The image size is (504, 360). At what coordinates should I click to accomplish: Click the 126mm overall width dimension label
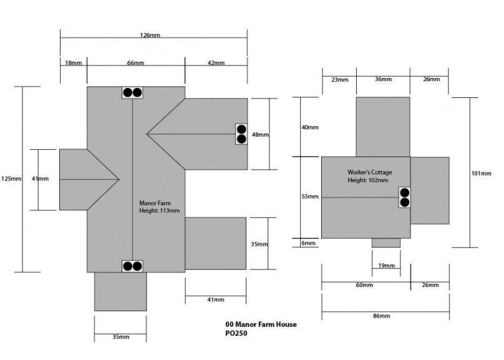(150, 36)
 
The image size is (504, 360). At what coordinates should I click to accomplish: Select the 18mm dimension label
(73, 64)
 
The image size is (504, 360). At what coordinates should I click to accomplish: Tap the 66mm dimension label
(135, 64)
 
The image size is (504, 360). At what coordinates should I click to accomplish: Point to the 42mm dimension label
(216, 64)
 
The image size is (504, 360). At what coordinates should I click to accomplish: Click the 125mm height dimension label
(12, 179)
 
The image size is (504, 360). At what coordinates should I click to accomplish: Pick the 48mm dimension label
(260, 135)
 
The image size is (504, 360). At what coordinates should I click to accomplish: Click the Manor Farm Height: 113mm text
(159, 207)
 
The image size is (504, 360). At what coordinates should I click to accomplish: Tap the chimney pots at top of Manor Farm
(132, 93)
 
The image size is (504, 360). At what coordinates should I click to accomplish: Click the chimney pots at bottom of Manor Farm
(132, 266)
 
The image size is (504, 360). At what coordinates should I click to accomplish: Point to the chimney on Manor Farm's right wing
(241, 134)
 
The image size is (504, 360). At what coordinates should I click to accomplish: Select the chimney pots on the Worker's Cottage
(404, 197)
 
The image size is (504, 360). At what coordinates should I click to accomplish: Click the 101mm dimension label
(482, 173)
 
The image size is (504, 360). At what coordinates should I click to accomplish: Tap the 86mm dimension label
(381, 316)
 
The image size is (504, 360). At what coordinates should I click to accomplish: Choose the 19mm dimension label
(386, 266)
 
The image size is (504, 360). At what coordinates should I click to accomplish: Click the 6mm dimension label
(308, 243)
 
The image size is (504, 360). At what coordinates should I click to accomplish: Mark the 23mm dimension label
(339, 80)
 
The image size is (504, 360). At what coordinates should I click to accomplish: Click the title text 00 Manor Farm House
(261, 324)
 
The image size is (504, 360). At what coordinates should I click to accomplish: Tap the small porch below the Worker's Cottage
(385, 243)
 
